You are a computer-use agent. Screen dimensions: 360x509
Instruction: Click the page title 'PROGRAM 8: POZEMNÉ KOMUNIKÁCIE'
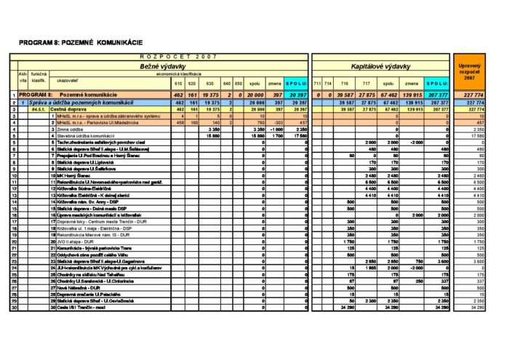[81, 43]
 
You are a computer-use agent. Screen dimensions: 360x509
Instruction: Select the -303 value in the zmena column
[278, 122]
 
